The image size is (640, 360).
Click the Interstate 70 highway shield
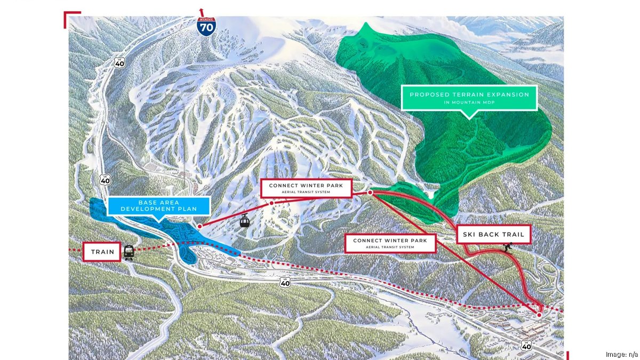coord(206,27)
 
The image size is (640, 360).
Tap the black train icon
coord(129,252)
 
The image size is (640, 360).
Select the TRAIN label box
coord(102,252)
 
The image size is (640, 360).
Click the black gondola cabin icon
coord(244,221)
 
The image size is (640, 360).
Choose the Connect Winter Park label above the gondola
coord(306,188)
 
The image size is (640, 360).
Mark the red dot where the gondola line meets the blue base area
coord(199,226)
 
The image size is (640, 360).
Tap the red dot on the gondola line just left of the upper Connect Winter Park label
coord(271,203)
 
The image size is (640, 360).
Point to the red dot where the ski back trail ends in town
coord(539,315)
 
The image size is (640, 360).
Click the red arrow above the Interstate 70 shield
coord(202,10)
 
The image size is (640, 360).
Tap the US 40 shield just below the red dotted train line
coord(285,283)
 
